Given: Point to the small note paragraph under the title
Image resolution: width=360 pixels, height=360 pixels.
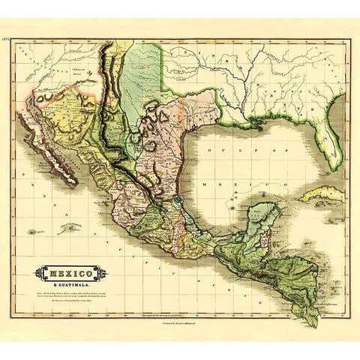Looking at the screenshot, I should pyautogui.click(x=70, y=296).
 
